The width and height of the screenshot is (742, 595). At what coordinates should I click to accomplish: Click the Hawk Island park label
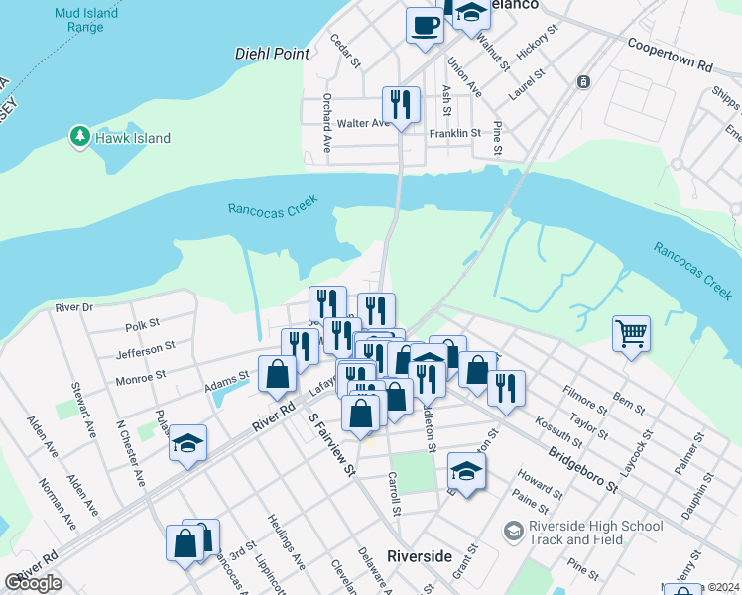[133, 139]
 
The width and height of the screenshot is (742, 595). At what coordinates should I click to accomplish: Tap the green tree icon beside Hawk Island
[79, 137]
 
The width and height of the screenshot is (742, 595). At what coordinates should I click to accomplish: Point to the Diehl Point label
[273, 55]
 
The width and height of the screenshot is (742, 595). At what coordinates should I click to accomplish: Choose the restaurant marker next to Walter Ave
[401, 105]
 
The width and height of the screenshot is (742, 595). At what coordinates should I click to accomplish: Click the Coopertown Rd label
[671, 54]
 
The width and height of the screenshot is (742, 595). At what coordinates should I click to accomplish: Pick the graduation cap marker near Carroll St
[466, 470]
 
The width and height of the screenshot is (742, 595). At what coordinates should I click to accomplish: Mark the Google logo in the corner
[33, 583]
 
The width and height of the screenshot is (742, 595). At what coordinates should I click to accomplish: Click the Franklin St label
[454, 132]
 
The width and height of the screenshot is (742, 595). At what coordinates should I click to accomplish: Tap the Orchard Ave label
[325, 123]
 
